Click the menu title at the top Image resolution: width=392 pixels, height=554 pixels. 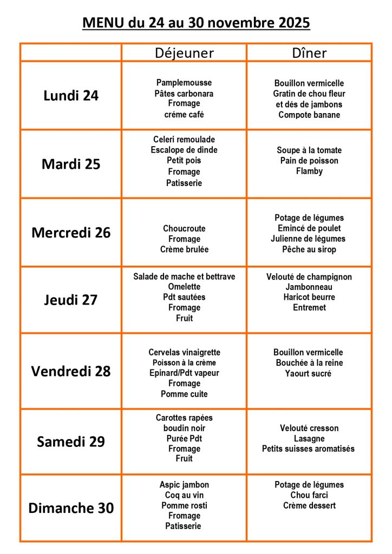point(196,23)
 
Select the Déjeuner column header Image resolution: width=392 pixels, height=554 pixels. point(184,52)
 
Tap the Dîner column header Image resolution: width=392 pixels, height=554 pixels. point(309,52)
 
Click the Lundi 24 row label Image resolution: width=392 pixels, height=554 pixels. point(71,96)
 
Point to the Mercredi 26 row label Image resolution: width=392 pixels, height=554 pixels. point(71,233)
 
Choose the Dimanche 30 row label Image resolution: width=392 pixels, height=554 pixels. point(71,508)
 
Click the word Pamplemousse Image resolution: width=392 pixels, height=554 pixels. point(184,83)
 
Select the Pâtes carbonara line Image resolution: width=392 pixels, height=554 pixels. point(184,94)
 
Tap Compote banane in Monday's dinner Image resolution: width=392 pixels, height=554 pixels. point(309,115)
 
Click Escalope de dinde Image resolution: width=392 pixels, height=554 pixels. point(184,150)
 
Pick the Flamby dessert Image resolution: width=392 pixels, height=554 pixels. point(309,171)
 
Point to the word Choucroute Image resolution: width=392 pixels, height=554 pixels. point(184,228)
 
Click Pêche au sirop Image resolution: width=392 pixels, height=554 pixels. point(309,249)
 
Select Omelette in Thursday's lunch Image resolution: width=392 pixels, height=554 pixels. point(184,287)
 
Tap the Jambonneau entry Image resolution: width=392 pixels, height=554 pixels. point(309,287)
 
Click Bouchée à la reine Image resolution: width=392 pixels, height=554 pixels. point(309,362)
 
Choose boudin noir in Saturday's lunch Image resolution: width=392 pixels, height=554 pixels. point(184,428)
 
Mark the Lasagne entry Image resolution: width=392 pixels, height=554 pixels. point(309,439)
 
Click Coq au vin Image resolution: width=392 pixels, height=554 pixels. point(184,495)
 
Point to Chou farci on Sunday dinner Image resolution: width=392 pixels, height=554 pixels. point(309,495)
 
